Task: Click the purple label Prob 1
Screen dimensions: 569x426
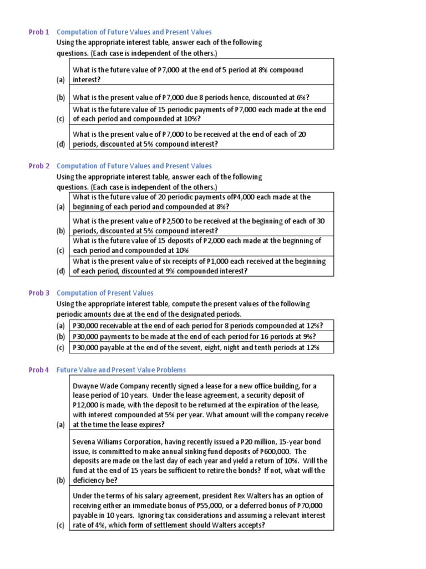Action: pyautogui.click(x=39, y=32)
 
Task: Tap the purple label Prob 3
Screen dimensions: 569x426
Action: pyautogui.click(x=39, y=293)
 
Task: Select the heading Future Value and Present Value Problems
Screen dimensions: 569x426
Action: pyautogui.click(x=121, y=370)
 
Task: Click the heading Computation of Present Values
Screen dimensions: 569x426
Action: pyautogui.click(x=105, y=293)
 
